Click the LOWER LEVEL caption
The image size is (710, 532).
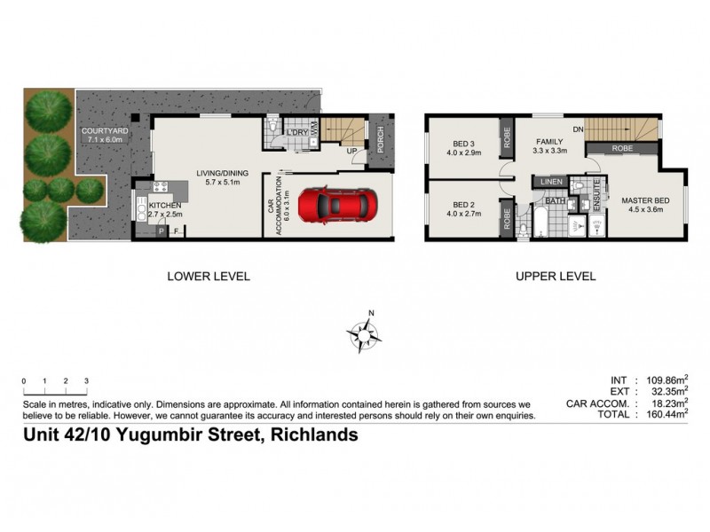click(x=209, y=277)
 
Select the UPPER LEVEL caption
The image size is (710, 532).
click(x=556, y=277)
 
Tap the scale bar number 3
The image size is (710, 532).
click(x=86, y=380)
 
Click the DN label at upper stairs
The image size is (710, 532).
click(x=578, y=129)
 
